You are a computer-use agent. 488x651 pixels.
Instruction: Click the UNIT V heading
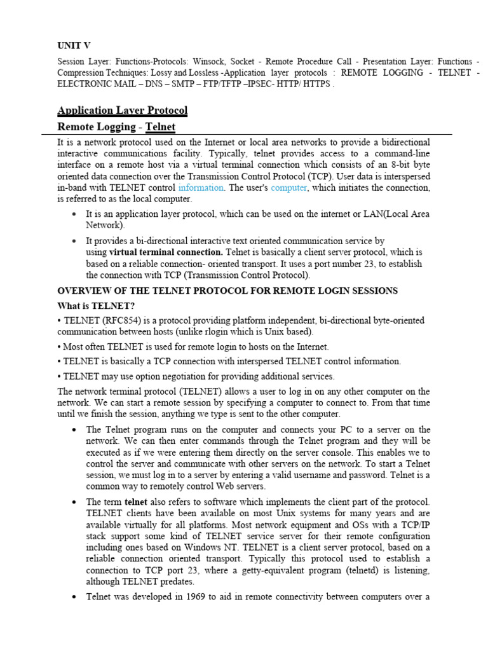tap(74, 45)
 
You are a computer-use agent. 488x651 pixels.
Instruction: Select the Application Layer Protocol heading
tap(122, 111)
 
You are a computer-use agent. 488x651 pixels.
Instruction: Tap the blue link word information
tap(201, 188)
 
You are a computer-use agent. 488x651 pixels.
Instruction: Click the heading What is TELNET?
tap(96, 306)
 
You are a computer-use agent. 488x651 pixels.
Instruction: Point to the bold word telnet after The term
tap(135, 502)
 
